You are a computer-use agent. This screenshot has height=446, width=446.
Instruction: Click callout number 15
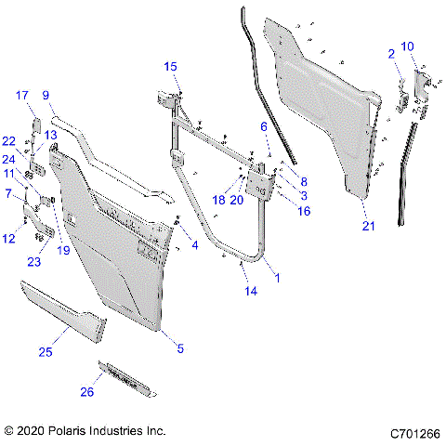click(x=170, y=66)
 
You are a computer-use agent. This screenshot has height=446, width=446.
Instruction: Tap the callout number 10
click(x=408, y=46)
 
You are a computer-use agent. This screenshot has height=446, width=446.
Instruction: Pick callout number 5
click(x=180, y=349)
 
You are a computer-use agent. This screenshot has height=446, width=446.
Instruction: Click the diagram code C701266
click(x=414, y=432)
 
